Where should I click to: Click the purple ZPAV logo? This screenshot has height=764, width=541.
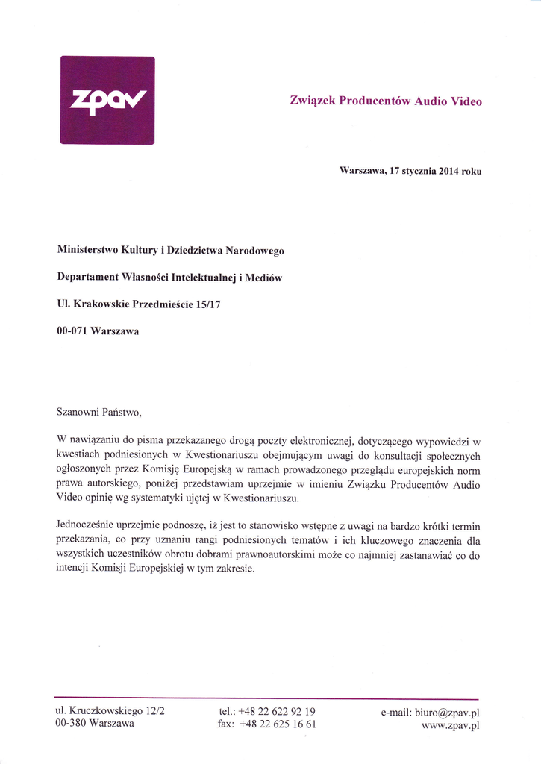[x=107, y=100]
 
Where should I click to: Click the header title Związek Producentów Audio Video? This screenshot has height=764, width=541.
[x=385, y=101]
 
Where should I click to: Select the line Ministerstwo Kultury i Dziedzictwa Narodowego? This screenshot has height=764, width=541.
[x=170, y=251]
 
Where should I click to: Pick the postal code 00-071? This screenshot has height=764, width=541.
[x=72, y=331]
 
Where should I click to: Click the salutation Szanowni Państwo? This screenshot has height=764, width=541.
[x=98, y=411]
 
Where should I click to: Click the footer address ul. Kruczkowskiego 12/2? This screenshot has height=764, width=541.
[x=110, y=711]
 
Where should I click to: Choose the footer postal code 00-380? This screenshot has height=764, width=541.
[x=71, y=724]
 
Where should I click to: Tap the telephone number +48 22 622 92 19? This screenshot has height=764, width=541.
[x=277, y=711]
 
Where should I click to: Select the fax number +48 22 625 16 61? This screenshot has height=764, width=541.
[x=277, y=724]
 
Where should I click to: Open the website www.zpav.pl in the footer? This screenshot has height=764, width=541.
[x=450, y=725]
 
